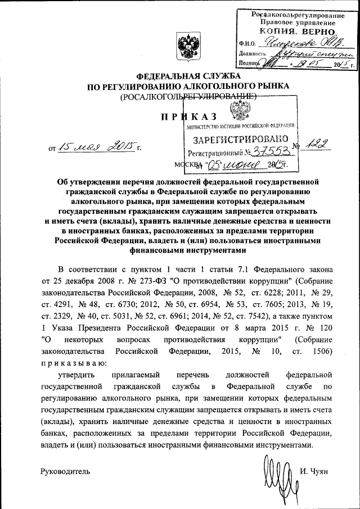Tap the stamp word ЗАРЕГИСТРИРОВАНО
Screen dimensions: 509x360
point(241,138)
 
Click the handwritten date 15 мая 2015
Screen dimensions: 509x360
point(98,147)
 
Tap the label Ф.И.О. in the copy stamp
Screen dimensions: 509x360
point(247,43)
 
